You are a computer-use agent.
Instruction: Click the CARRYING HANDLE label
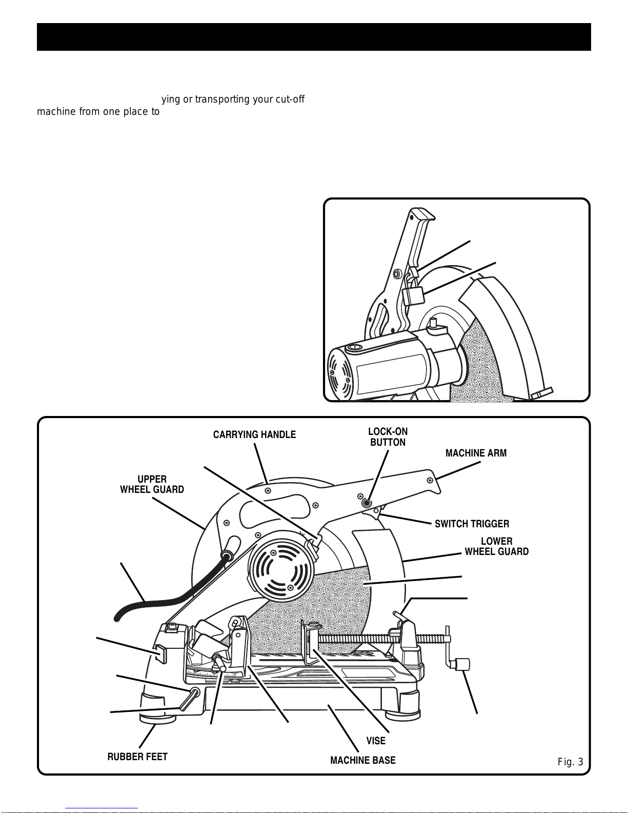click(254, 435)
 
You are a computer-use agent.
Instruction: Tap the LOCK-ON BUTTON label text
click(388, 437)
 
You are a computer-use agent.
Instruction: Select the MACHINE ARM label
click(476, 453)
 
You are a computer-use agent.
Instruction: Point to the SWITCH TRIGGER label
click(472, 524)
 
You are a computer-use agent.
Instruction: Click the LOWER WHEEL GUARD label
click(496, 547)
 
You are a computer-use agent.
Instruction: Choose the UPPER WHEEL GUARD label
click(152, 485)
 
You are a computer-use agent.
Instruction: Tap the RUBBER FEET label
click(137, 757)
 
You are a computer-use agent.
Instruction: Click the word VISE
click(376, 741)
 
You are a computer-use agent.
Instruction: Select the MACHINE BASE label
click(363, 760)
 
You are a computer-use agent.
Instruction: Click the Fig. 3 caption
click(570, 762)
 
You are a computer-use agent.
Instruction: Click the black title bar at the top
click(314, 37)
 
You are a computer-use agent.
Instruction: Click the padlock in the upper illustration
click(413, 296)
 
